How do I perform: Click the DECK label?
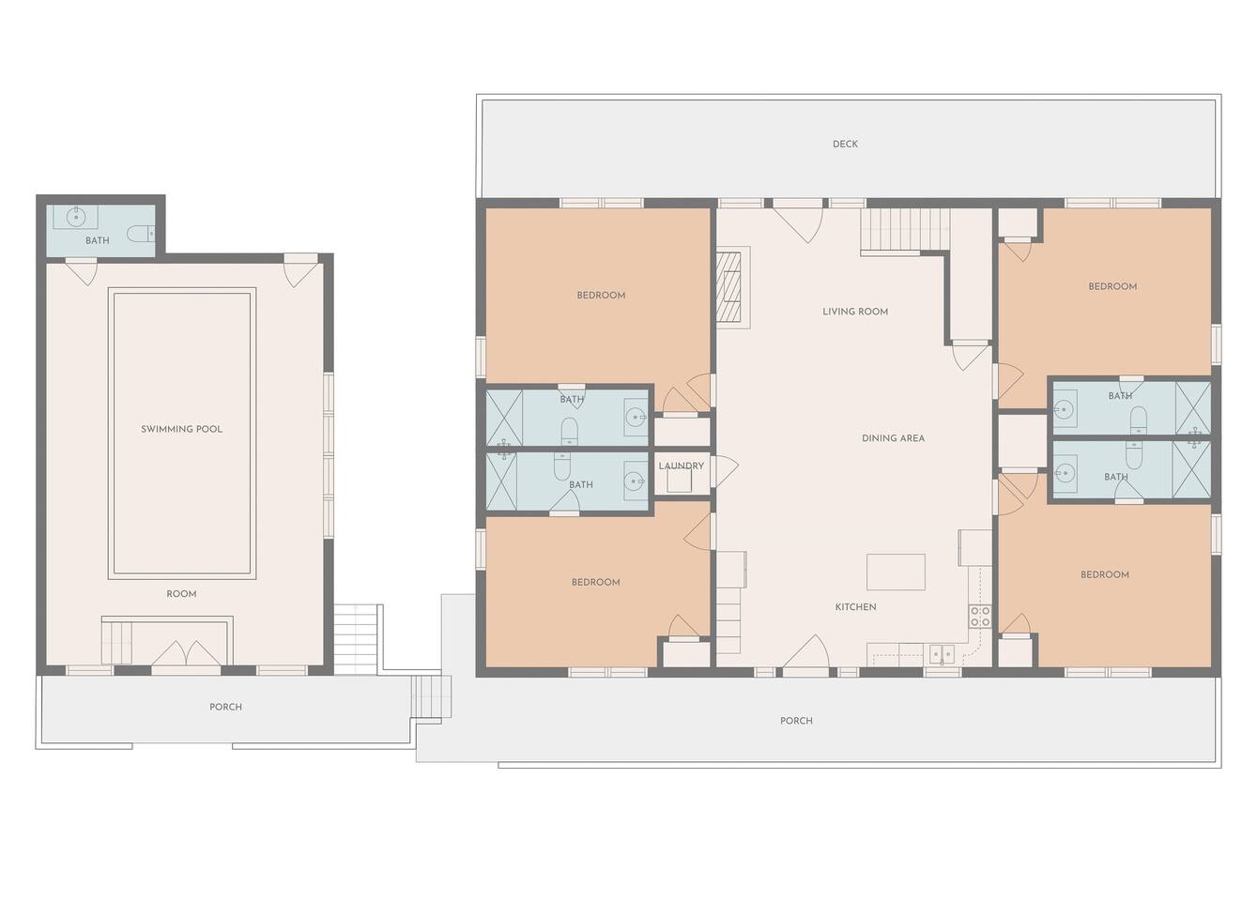845,145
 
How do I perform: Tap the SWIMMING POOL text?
181,429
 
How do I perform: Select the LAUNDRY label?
682,466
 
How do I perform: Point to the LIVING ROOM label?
855,312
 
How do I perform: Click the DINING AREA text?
894,438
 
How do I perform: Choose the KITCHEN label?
856,607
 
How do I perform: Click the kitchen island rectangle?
897,573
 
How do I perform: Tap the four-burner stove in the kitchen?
980,617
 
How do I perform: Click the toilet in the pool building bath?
140,233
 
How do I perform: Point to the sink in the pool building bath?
76,217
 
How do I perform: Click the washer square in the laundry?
680,481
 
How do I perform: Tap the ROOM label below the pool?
181,594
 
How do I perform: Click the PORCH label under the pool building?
225,707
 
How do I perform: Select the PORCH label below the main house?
796,721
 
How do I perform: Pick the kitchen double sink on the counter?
942,654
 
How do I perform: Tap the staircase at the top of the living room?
906,231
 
